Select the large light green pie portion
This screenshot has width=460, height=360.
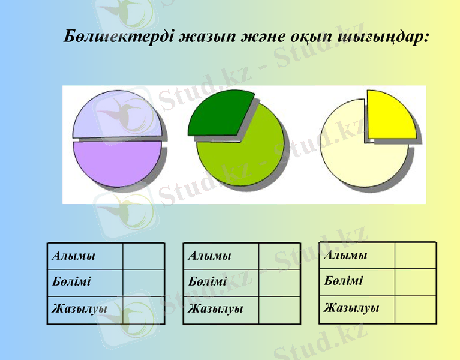(246, 156)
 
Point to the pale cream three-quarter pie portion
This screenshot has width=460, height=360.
(357, 153)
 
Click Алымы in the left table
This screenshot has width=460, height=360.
(74, 256)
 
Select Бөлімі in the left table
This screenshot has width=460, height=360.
(71, 282)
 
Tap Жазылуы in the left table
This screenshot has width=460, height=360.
(79, 309)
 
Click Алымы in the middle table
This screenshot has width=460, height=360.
(210, 256)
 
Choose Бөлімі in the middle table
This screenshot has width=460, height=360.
(208, 282)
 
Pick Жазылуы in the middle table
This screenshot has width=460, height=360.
(215, 309)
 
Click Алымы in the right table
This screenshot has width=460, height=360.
(345, 255)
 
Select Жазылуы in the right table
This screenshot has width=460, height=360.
(351, 308)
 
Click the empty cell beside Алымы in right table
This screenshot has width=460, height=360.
(415, 255)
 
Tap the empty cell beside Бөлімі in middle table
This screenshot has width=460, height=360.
(279, 282)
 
